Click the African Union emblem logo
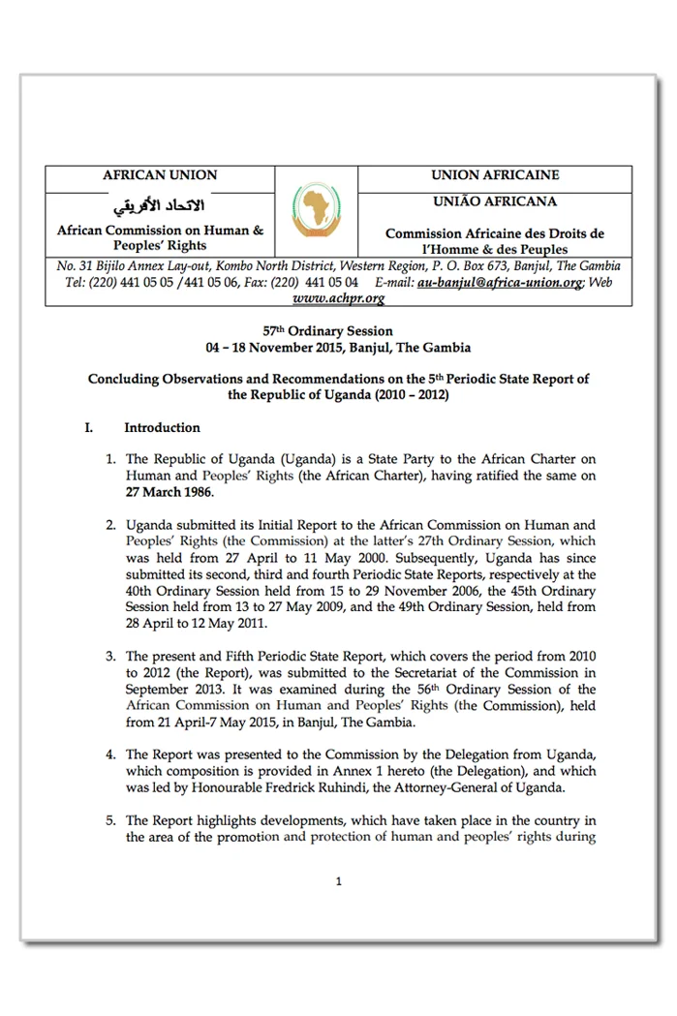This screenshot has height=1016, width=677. click(317, 211)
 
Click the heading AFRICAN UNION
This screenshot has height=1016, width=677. click(160, 175)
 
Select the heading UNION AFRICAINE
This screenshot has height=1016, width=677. click(494, 175)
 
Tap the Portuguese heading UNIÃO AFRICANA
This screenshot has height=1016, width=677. click(494, 201)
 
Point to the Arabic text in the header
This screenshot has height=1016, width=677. click(160, 205)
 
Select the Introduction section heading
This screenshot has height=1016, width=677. click(162, 427)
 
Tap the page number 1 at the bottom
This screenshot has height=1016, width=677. click(338, 881)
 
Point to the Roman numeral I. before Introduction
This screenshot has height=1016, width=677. click(89, 427)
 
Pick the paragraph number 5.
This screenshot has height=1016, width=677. click(110, 820)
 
